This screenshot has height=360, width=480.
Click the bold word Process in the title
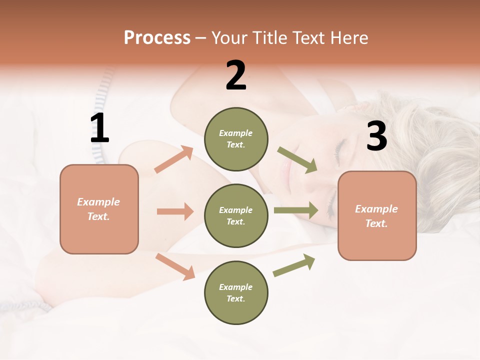(157, 37)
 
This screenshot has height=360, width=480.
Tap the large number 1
(99, 128)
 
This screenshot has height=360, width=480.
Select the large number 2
(236, 75)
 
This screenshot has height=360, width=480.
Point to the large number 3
(376, 136)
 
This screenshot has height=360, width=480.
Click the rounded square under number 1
(99, 209)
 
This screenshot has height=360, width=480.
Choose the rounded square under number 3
(377, 216)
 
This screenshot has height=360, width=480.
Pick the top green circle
(236, 139)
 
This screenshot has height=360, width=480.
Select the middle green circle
(236, 215)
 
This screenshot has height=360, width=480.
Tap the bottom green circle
(236, 292)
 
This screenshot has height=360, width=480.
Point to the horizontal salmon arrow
(175, 211)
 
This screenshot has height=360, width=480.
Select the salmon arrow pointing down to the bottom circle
(175, 266)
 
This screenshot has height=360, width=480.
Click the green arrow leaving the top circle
(297, 160)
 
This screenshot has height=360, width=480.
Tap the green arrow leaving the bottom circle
(294, 265)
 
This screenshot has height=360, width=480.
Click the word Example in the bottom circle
(235, 287)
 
